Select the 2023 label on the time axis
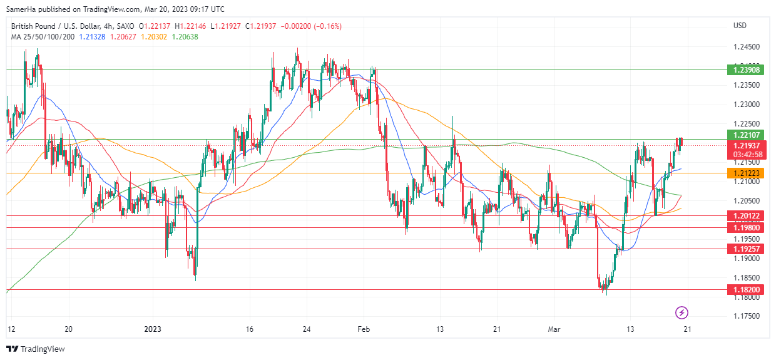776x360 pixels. pos(153,329)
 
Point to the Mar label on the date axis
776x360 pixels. pos(554,329)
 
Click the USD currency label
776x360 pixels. pos(740,26)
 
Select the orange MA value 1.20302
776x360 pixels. pos(153,37)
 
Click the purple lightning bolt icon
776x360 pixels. pos(682,312)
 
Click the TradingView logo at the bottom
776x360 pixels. pos(36,349)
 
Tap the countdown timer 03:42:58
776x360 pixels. pos(747,154)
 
